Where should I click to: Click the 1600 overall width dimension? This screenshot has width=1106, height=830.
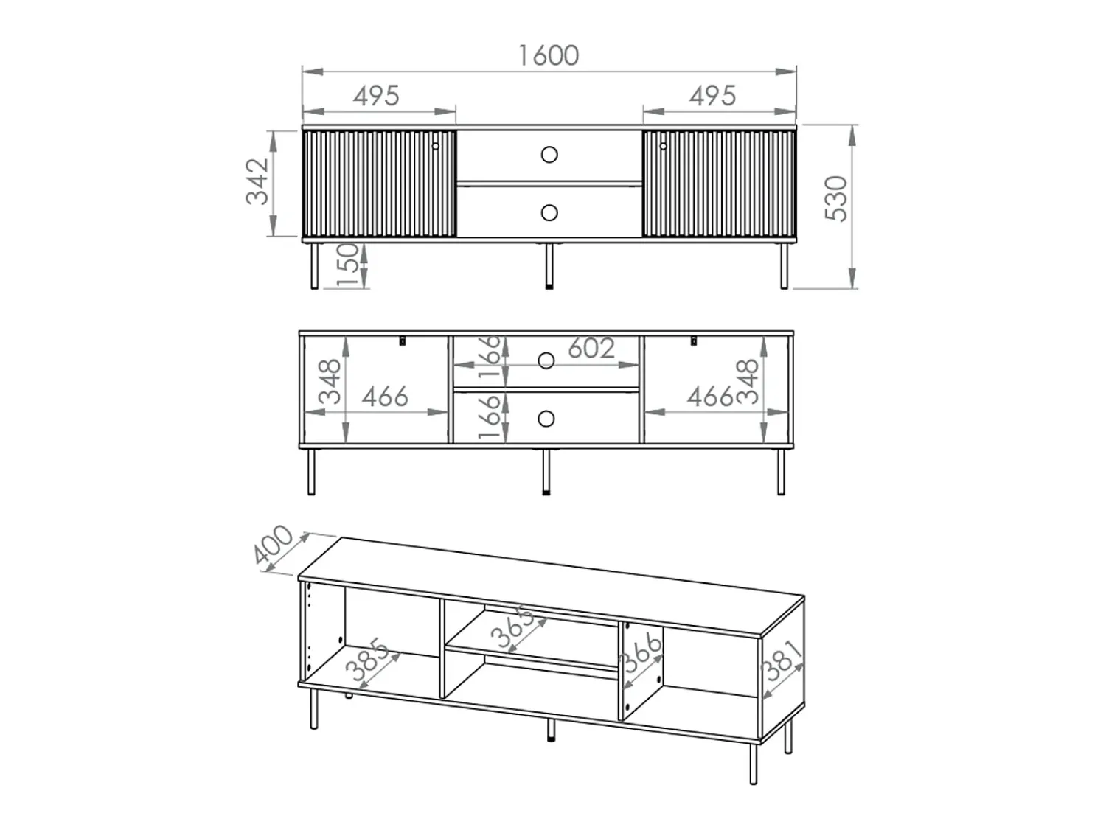pyautogui.click(x=549, y=55)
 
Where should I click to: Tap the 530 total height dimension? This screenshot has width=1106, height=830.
pyautogui.click(x=836, y=198)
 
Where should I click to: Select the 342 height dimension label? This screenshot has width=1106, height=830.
pyautogui.click(x=257, y=181)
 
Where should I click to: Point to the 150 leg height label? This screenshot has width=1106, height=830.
pyautogui.click(x=347, y=265)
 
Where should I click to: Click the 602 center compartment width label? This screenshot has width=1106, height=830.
pyautogui.click(x=591, y=348)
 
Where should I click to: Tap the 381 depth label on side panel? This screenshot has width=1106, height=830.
pyautogui.click(x=781, y=660)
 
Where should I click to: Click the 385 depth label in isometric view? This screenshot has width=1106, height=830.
pyautogui.click(x=367, y=660)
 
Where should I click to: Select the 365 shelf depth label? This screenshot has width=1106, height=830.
pyautogui.click(x=512, y=627)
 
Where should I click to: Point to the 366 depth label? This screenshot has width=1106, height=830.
pyautogui.click(x=642, y=653)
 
